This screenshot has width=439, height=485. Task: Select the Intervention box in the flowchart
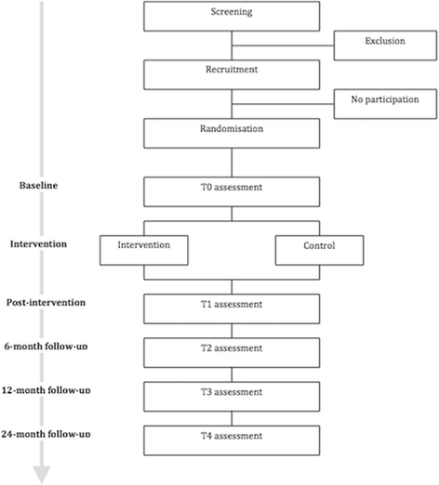tap(146, 248)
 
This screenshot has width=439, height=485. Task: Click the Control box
tap(318, 248)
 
